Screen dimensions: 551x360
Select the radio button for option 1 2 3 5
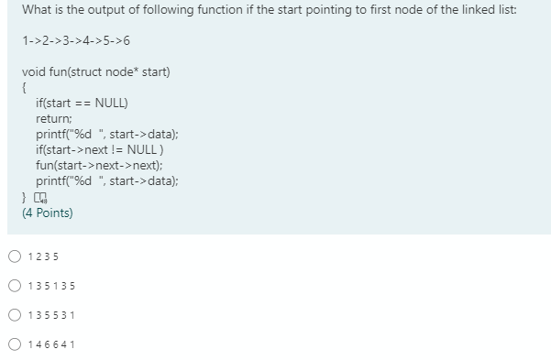click(15, 256)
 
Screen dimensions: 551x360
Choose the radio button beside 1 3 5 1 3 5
click(15, 286)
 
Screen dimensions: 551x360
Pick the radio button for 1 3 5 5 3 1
click(15, 315)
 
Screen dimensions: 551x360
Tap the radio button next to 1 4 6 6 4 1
click(15, 344)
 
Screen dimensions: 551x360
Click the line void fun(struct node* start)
click(96, 72)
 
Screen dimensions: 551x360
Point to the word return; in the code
click(53, 119)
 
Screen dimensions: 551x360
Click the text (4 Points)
click(48, 213)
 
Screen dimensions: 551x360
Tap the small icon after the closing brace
click(39, 197)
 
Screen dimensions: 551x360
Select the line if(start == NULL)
click(82, 104)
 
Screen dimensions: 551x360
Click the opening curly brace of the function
click(24, 88)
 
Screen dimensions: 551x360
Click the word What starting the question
click(38, 10)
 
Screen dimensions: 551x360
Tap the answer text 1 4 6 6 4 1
click(51, 344)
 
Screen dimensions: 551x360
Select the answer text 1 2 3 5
click(44, 256)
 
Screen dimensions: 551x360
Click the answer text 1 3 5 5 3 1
click(51, 315)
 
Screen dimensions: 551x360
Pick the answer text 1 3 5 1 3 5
click(51, 286)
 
